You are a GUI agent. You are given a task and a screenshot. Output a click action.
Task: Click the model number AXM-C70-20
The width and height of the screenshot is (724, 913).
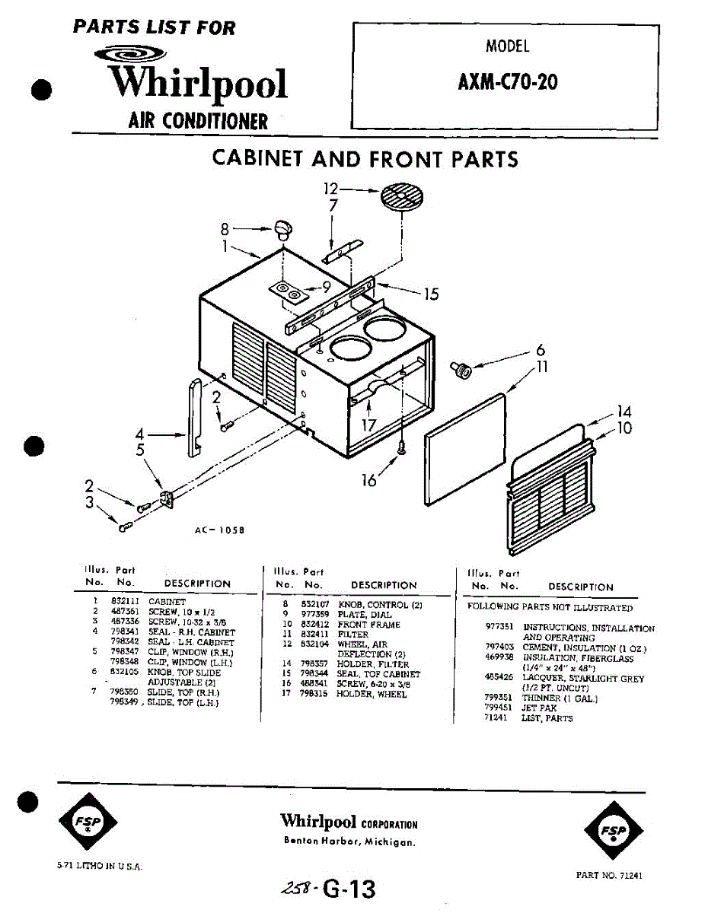[507, 81]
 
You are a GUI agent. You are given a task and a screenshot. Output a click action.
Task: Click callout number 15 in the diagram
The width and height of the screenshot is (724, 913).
[431, 294]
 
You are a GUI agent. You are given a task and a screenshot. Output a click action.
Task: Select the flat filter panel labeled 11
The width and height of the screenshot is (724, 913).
[466, 449]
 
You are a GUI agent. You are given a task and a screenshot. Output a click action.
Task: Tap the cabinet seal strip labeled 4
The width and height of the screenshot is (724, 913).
[193, 418]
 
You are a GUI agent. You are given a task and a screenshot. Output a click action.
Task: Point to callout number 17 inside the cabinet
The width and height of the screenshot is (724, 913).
[368, 425]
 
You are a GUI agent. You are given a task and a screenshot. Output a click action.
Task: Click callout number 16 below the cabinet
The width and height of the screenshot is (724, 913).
[369, 481]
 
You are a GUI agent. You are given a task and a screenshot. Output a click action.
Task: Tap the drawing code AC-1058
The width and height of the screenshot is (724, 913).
[219, 531]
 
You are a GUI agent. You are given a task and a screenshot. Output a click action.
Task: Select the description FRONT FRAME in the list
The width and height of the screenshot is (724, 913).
[368, 625]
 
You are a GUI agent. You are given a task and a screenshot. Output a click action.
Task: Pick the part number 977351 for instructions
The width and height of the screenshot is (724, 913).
[499, 628]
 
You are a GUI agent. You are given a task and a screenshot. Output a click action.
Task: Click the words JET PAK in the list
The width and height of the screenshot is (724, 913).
[539, 708]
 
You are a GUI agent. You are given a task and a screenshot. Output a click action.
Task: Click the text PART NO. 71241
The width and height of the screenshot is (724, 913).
[609, 876]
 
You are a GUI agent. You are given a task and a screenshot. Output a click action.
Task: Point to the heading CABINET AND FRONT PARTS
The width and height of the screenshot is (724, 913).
[365, 159]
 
